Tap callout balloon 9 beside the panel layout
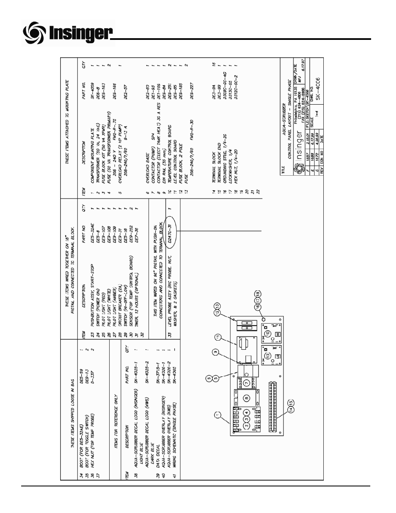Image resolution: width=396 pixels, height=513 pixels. point(215,352)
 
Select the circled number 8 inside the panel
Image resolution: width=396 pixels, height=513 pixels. point(247,397)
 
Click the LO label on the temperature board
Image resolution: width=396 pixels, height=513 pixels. point(278,357)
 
